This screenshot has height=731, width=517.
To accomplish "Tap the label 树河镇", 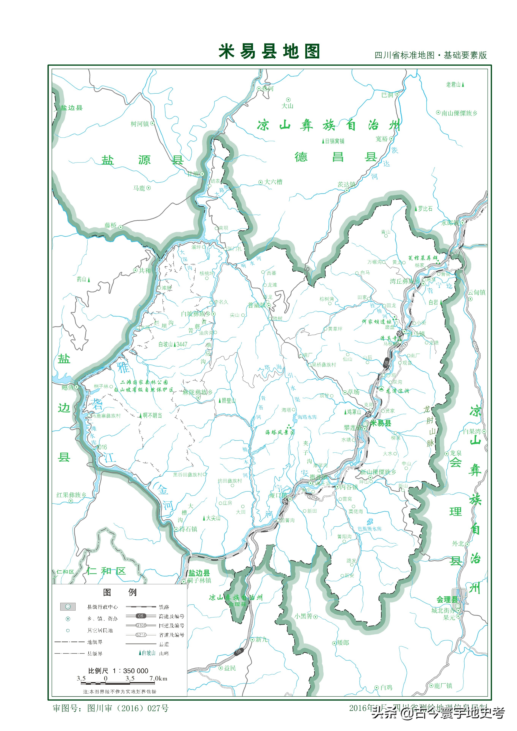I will click(140, 124).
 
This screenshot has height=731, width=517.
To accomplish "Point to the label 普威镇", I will click(257, 305).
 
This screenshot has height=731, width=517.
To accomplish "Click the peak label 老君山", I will click(453, 84).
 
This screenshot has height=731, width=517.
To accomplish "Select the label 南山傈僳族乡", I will click(459, 113).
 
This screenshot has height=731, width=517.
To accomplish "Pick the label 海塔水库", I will click(307, 417).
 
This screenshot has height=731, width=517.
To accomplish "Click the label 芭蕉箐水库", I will click(369, 529).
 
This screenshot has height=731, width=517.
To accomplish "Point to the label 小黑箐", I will click(303, 616).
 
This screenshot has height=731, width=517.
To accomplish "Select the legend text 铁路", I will click(164, 607).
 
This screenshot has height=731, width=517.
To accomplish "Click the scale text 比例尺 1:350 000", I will click(118, 671).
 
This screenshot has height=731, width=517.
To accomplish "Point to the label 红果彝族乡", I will click(71, 495).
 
